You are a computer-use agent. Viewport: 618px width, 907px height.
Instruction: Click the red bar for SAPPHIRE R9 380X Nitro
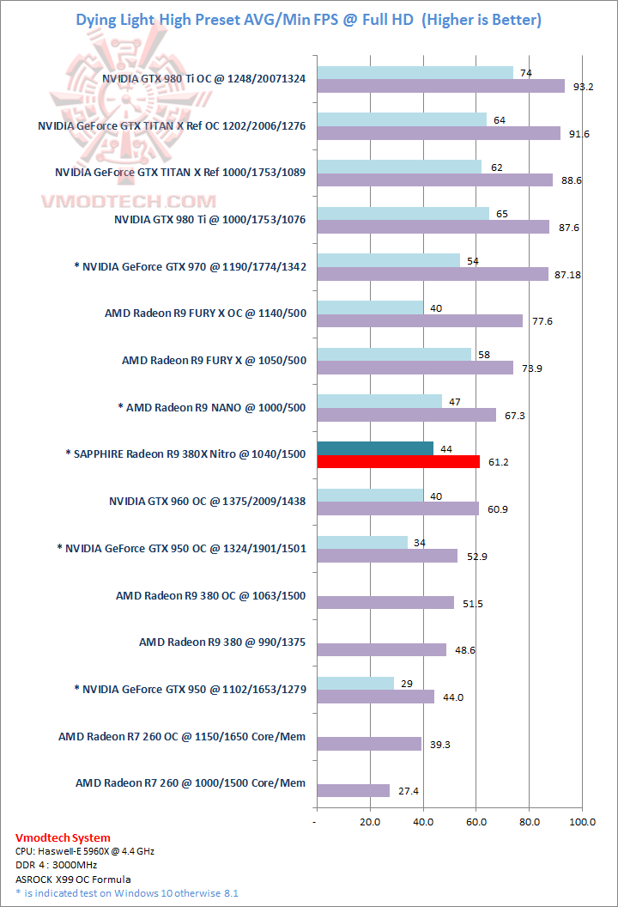tap(398, 462)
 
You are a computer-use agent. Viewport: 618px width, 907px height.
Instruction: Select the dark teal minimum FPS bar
tap(375, 447)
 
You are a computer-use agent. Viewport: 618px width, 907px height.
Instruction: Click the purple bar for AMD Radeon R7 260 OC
tap(369, 744)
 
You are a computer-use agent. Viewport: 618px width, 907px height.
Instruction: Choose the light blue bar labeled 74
tap(415, 73)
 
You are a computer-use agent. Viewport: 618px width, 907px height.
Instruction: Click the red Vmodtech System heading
tap(63, 837)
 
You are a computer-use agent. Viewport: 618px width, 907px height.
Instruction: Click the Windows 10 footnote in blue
tap(127, 893)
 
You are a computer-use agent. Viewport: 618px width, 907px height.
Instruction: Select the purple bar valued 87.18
tap(433, 274)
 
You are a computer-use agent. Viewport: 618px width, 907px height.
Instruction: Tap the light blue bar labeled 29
tap(355, 683)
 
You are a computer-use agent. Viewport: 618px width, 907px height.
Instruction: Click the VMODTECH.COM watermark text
tap(129, 202)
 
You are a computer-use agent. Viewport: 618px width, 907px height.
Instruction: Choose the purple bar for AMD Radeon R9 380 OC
tap(385, 603)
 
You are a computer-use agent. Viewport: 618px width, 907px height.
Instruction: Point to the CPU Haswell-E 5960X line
tap(85, 851)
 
